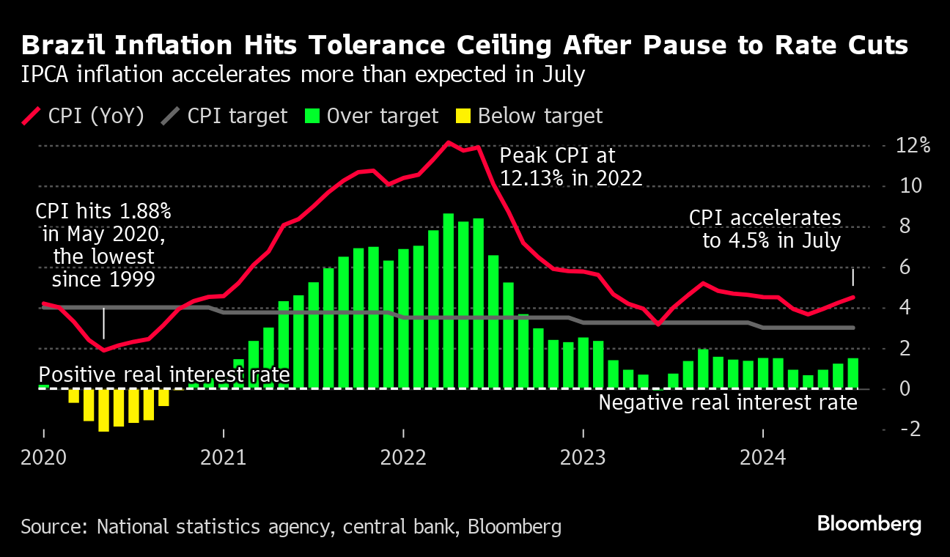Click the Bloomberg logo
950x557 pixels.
869,525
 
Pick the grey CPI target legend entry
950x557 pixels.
224,117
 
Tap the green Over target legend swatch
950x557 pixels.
313,117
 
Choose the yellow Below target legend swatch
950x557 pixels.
463,117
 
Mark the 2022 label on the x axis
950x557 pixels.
403,458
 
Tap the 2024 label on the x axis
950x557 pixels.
762,458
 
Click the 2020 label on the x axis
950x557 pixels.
44,458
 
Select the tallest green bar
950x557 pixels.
449,300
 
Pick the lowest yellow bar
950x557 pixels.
103,410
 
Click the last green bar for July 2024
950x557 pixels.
853,373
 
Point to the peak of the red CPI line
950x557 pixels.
449,142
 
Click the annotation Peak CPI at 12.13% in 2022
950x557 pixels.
570,166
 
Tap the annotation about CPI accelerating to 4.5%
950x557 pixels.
765,229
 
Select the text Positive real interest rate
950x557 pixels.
164,375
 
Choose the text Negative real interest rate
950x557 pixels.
728,402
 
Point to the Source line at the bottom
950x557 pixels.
291,526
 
